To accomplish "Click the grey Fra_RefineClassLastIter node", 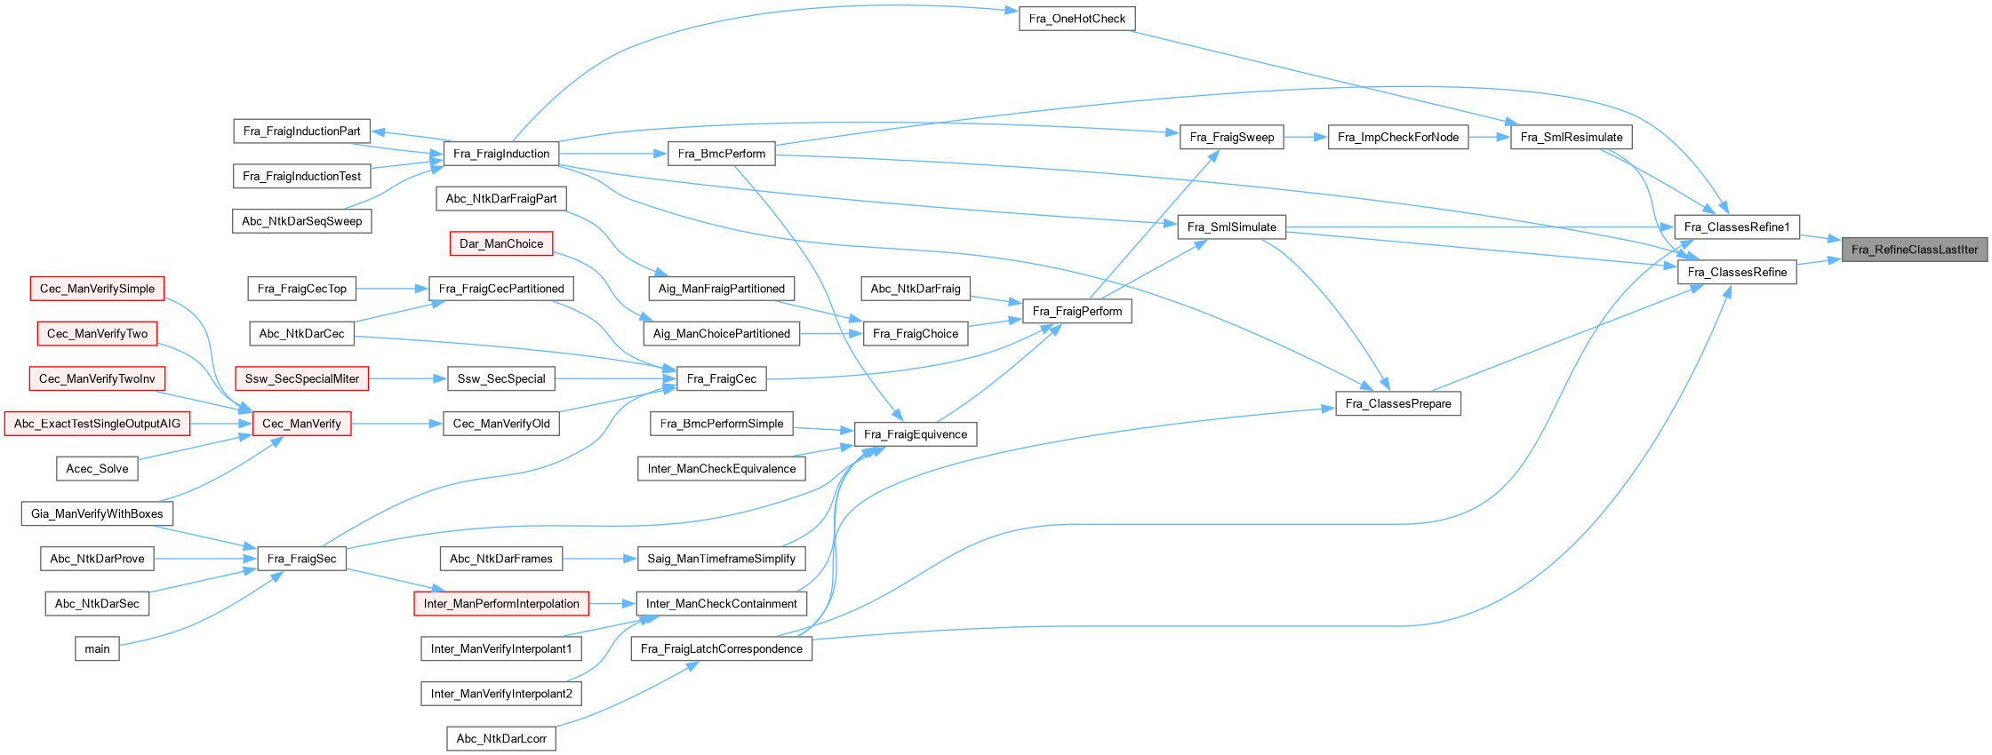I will [1914, 250].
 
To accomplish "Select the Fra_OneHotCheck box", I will [1076, 19].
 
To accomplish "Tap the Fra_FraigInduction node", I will [501, 154].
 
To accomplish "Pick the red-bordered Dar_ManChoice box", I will [501, 243].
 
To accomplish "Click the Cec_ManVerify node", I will [302, 424].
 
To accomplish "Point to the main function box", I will [97, 648].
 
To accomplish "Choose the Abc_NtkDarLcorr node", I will [501, 738].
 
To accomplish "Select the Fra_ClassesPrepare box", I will [1398, 403].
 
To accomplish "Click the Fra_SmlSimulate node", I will [1231, 226].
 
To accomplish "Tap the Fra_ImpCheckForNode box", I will [1398, 137].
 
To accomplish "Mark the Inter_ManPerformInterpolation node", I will [501, 604].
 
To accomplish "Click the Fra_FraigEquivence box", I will [916, 434].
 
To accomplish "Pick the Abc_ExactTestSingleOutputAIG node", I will [97, 424].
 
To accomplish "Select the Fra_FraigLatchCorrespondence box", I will [721, 648].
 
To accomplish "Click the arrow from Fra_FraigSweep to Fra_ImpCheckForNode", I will [1306, 137].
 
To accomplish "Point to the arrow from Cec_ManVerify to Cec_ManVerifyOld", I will [396, 424].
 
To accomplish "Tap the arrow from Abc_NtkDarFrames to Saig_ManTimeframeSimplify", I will [600, 559].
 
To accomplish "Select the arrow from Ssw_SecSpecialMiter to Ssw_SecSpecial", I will [407, 378].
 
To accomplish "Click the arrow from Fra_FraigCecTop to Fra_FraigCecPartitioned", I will [392, 289].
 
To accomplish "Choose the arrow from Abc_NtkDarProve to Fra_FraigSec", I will [205, 559].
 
